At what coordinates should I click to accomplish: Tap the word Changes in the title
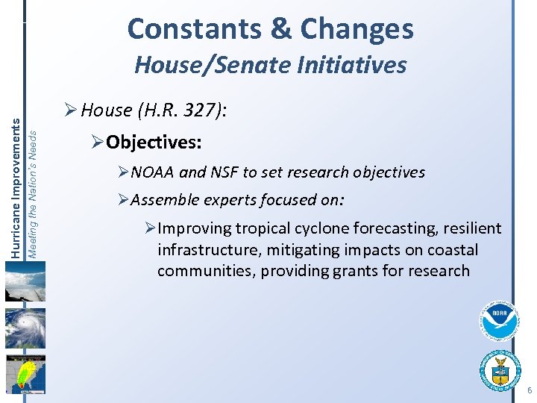point(357,29)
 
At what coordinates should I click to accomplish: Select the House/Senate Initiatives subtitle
point(270,65)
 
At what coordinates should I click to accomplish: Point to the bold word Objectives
point(154,141)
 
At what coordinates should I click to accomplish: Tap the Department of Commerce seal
point(500,369)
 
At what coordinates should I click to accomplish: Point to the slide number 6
point(529,391)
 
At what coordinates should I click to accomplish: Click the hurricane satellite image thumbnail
point(25,329)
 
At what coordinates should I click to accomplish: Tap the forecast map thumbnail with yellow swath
point(25,373)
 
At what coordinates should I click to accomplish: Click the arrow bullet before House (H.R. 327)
point(69,111)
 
